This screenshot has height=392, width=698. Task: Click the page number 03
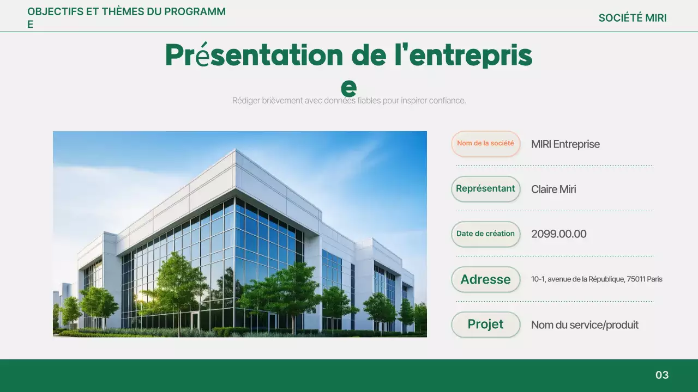[x=661, y=375]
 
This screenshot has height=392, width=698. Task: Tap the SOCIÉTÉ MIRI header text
[x=632, y=18]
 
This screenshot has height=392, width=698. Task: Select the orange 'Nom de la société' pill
[x=485, y=144]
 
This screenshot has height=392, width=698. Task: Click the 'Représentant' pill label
[x=485, y=189]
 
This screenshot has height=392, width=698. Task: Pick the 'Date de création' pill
[x=485, y=234]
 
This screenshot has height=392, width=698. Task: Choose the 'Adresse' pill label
[x=485, y=279]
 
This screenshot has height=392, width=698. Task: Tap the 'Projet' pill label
[x=485, y=324]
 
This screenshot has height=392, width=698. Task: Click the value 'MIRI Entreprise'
[x=565, y=144]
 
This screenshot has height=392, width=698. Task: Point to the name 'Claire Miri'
[x=553, y=189]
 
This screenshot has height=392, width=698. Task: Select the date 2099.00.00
[x=558, y=234]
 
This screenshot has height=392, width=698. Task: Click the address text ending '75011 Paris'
[x=597, y=279]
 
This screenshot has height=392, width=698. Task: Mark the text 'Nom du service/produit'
[x=585, y=325]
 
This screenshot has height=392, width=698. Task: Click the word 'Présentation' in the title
[x=254, y=55]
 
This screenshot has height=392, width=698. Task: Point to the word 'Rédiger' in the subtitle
[x=246, y=101]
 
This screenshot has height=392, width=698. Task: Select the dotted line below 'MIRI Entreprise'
[x=555, y=166]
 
